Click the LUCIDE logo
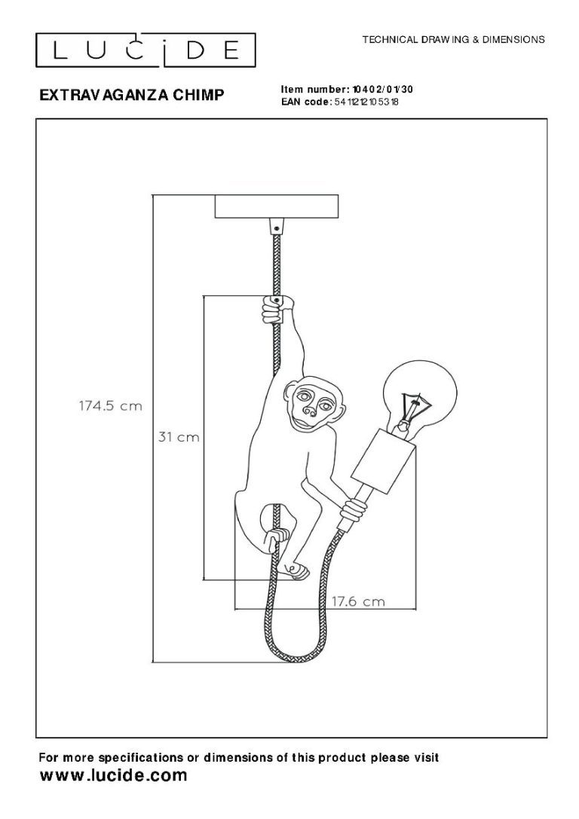point(146,50)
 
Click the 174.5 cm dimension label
point(110,406)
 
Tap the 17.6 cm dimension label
point(358,601)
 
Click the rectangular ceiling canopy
point(277,206)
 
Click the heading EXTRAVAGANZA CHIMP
point(132,94)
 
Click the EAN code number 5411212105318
point(366,102)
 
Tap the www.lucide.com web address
point(113,775)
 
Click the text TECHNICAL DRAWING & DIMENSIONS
point(454,39)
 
